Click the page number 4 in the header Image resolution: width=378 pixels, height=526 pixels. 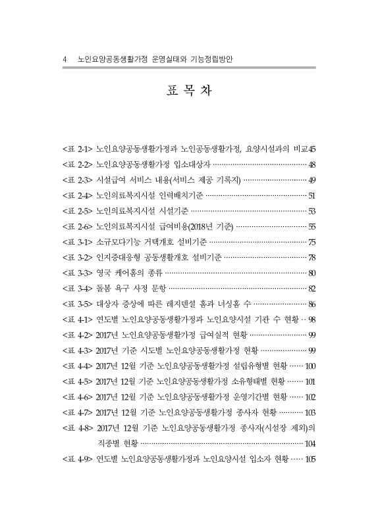pyautogui.click(x=64, y=59)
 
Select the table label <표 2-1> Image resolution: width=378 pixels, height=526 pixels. pyautogui.click(x=76, y=149)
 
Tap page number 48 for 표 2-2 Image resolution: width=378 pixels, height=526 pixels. pyautogui.click(x=312, y=164)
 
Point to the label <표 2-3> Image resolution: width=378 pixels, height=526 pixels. pyautogui.click(x=76, y=180)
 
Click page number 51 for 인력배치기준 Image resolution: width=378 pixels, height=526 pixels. pyautogui.click(x=312, y=196)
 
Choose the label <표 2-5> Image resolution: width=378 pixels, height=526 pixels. pyautogui.click(x=76, y=211)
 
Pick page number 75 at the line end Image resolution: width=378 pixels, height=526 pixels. pyautogui.click(x=312, y=242)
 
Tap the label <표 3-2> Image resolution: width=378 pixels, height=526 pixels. pyautogui.click(x=76, y=257)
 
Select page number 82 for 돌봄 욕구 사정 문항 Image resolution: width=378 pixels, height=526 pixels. pyautogui.click(x=312, y=288)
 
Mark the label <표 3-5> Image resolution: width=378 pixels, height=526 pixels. pyautogui.click(x=76, y=304)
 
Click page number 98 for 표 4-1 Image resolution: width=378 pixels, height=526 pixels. pyautogui.click(x=312, y=319)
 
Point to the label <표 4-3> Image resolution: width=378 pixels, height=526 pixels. pyautogui.click(x=76, y=350)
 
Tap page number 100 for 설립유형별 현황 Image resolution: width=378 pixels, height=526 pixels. pyautogui.click(x=311, y=366)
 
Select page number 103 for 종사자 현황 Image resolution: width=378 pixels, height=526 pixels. pyautogui.click(x=311, y=412)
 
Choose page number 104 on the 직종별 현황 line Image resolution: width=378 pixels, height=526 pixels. pyautogui.click(x=311, y=442)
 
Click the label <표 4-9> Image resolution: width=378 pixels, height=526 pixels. pyautogui.click(x=76, y=458)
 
